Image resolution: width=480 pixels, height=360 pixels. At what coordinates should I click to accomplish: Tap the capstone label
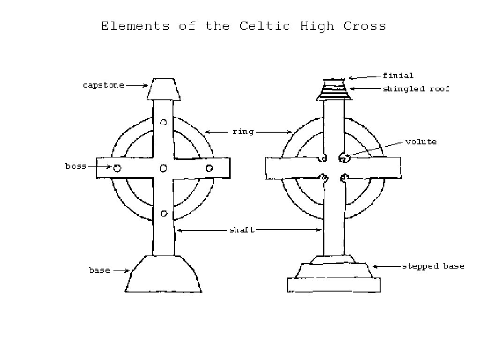pyautogui.click(x=104, y=85)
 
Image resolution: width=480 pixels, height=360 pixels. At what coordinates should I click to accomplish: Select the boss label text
pyautogui.click(x=75, y=166)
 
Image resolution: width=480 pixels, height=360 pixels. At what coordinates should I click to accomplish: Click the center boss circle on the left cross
pyautogui.click(x=164, y=168)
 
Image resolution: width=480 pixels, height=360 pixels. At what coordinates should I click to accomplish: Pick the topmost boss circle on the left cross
pyautogui.click(x=164, y=122)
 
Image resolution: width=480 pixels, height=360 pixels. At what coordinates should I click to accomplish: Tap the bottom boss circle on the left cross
pyautogui.click(x=164, y=214)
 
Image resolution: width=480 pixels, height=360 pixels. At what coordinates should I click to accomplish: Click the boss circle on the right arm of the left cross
pyautogui.click(x=209, y=168)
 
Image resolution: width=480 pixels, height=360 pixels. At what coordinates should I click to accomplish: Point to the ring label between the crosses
pyautogui.click(x=243, y=132)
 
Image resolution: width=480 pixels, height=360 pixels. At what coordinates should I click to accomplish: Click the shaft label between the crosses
pyautogui.click(x=242, y=230)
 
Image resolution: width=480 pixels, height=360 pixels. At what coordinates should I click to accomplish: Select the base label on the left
pyautogui.click(x=99, y=270)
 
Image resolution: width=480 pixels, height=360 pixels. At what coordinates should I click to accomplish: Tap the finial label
pyautogui.click(x=398, y=75)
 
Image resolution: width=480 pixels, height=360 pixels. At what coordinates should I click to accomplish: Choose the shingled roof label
pyautogui.click(x=416, y=89)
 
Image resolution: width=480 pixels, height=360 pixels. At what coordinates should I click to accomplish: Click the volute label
pyautogui.click(x=421, y=142)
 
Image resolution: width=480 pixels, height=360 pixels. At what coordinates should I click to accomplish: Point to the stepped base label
pyautogui.click(x=433, y=266)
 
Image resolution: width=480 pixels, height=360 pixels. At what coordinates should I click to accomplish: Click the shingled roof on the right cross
pyautogui.click(x=334, y=90)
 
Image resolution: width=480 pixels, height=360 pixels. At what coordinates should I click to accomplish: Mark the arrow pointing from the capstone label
pyautogui.click(x=136, y=85)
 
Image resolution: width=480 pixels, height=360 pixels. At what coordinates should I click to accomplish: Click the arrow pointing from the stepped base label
pyautogui.click(x=385, y=266)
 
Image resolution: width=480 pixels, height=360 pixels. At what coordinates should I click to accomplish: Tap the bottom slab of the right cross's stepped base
pyautogui.click(x=334, y=285)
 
